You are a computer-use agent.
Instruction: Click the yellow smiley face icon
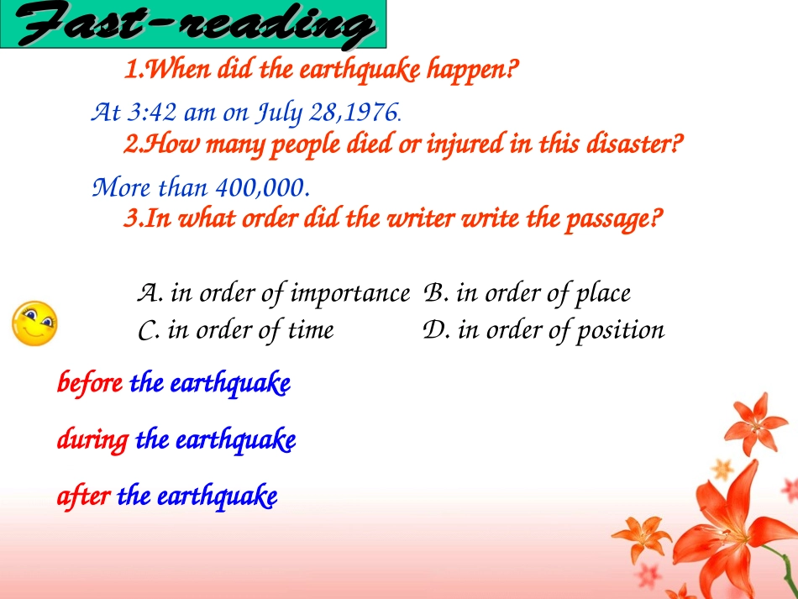(x=34, y=323)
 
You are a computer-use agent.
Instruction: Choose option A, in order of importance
(x=273, y=293)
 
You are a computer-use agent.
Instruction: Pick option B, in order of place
(x=528, y=293)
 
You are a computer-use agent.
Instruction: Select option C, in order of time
(x=235, y=330)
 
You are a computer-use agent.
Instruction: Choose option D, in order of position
(x=544, y=330)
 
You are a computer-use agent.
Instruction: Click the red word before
(x=90, y=384)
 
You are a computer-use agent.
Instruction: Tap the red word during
(x=93, y=439)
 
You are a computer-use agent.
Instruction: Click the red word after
(x=83, y=497)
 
